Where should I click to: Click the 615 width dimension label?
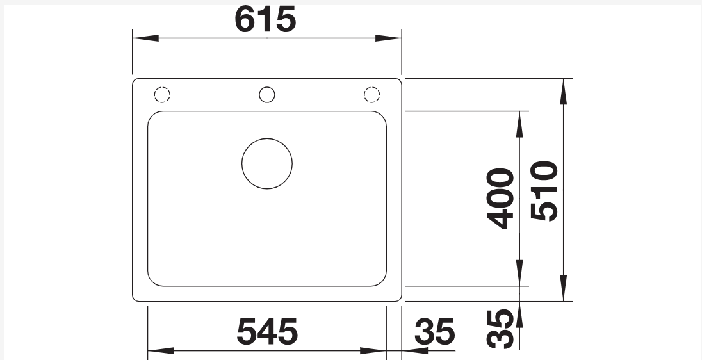[x=265, y=19]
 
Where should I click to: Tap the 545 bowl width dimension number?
[x=267, y=332]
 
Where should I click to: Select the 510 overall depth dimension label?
[x=544, y=191]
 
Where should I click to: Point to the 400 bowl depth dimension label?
[x=500, y=199]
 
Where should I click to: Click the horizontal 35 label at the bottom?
[x=434, y=332]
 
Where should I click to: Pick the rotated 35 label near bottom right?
[x=500, y=329]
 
